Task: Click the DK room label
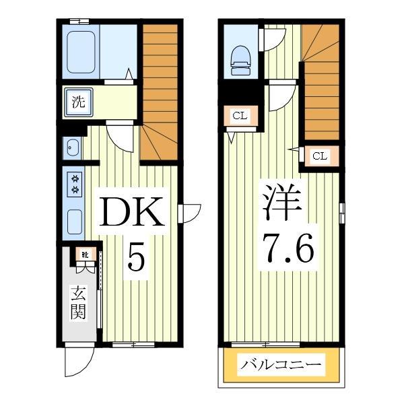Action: tap(132, 214)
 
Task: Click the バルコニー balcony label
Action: tap(281, 366)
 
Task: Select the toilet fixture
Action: tap(240, 59)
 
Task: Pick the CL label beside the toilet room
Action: tap(240, 116)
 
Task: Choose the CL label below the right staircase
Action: tap(319, 156)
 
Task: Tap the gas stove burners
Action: tap(75, 184)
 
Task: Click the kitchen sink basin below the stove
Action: tap(75, 221)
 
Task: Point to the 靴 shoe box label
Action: tap(85, 255)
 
